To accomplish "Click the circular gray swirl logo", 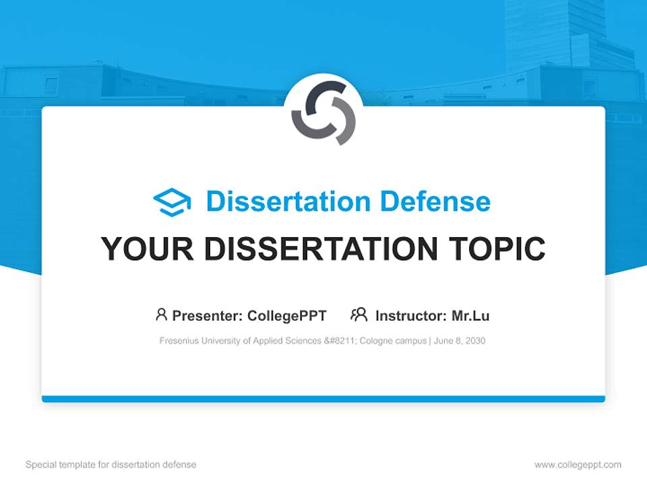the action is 323,112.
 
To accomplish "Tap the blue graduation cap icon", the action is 172,201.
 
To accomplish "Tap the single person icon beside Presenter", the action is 161,315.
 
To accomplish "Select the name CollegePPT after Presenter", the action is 286,315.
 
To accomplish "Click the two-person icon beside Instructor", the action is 359,315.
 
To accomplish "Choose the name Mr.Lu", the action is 470,315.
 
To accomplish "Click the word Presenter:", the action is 208,315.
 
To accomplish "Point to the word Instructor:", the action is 410,315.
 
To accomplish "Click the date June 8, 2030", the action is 460,341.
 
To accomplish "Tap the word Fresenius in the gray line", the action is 178,341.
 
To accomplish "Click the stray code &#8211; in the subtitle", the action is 340,341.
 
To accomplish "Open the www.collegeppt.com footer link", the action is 578,465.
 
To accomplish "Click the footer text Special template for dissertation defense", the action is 111,465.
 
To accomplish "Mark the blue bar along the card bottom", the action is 323,399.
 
